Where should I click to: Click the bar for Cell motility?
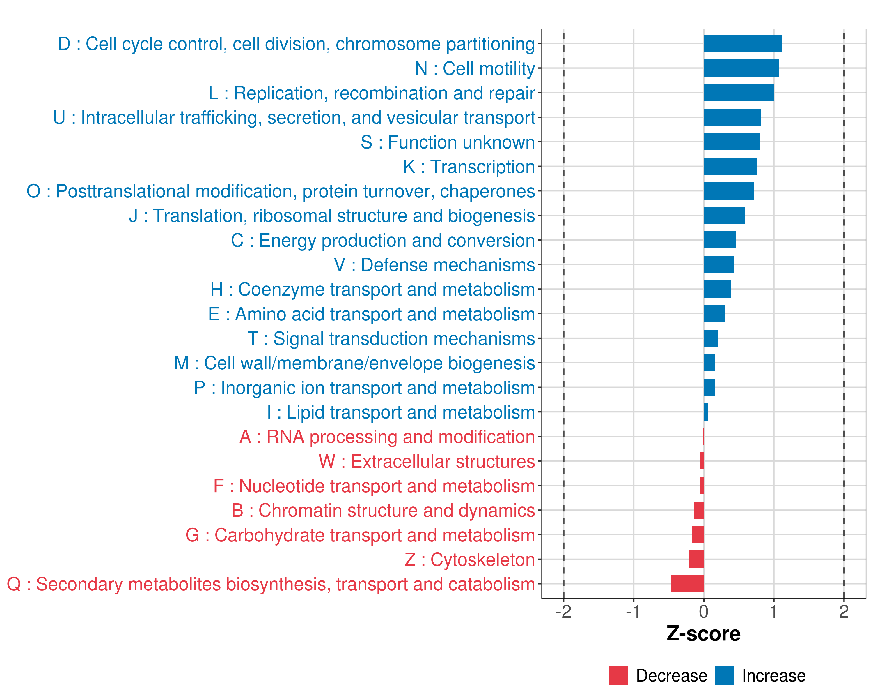point(741,68)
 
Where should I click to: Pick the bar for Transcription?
point(730,166)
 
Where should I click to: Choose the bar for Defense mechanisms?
point(719,265)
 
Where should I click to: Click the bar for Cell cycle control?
point(743,44)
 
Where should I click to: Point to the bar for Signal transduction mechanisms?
point(711,338)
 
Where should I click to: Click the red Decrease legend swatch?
point(618,675)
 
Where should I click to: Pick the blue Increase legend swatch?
point(724,675)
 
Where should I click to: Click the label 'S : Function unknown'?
point(448,142)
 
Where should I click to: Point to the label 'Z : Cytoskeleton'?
point(470,559)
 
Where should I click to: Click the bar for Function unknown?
point(732,142)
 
